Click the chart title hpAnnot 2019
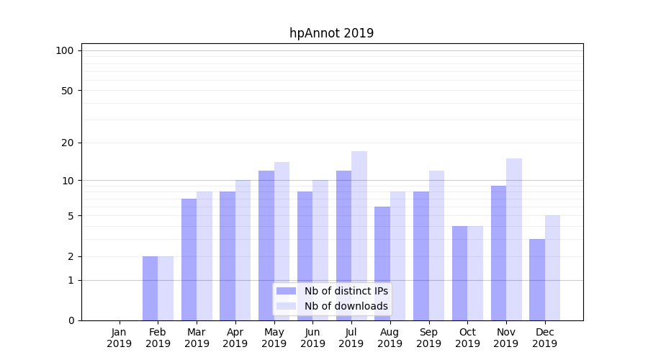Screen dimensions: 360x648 click(331, 33)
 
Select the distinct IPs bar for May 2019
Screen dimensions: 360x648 click(266, 245)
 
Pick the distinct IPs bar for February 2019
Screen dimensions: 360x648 click(150, 288)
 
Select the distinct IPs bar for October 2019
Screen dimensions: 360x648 click(459, 273)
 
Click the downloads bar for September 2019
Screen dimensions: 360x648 click(436, 245)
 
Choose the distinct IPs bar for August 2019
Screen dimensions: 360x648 click(382, 264)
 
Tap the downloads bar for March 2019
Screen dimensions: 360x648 click(204, 256)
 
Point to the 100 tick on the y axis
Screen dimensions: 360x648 click(65, 50)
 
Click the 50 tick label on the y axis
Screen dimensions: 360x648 click(68, 91)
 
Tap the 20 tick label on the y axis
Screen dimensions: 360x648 click(68, 143)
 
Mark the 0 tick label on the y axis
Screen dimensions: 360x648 click(71, 320)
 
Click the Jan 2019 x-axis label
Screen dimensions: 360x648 click(120, 338)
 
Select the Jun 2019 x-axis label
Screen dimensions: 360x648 click(312, 338)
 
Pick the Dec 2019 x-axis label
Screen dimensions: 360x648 click(544, 338)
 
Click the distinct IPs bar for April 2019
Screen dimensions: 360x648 click(228, 256)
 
